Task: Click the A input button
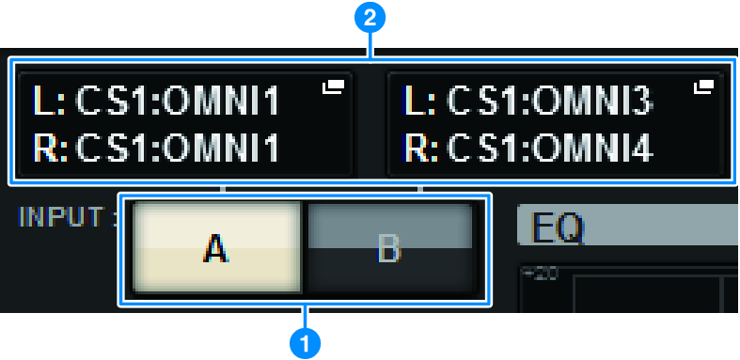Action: (x=217, y=249)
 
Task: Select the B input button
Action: (x=390, y=249)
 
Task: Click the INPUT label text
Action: (x=66, y=217)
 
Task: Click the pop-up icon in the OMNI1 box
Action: (x=334, y=86)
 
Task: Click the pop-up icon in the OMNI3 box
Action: (x=703, y=86)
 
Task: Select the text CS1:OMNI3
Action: (x=550, y=101)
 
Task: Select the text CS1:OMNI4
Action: (x=550, y=149)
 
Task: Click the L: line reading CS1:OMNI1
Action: (x=156, y=101)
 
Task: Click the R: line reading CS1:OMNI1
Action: (x=156, y=149)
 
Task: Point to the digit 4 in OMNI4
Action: (x=642, y=149)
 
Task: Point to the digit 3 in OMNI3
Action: (x=642, y=101)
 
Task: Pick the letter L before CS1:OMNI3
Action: (x=411, y=101)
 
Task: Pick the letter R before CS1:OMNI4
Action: (x=414, y=149)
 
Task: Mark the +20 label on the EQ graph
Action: (x=540, y=274)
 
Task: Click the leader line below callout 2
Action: (x=370, y=46)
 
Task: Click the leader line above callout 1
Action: (x=306, y=317)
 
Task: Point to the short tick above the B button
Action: (x=421, y=189)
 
